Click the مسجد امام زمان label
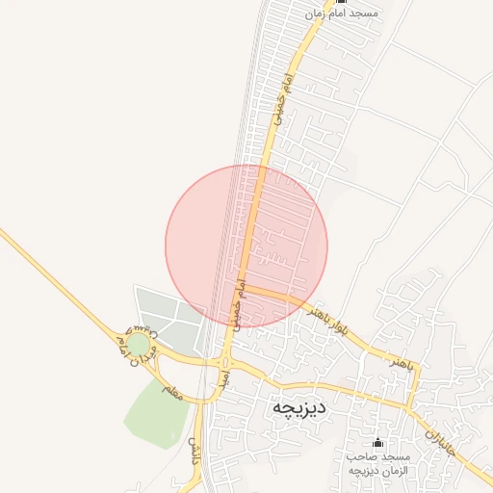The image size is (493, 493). tap(342, 14)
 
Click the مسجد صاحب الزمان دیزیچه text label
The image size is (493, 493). tap(377, 461)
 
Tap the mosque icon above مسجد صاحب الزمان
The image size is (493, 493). tap(376, 443)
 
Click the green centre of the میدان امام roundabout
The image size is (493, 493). tap(139, 344)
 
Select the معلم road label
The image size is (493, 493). tap(174, 391)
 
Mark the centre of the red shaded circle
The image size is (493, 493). tap(246, 246)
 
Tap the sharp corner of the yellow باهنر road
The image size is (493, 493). tap(418, 370)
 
